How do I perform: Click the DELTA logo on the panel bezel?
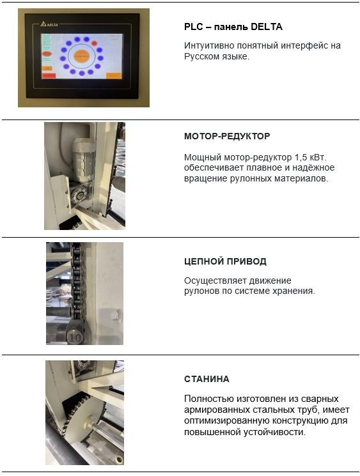pos(49,24)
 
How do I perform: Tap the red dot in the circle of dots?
pos(95,43)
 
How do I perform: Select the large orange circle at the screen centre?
pos(81,56)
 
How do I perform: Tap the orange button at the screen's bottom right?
pos(114,75)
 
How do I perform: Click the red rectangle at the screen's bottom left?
pos(49,75)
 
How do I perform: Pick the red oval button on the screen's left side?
pos(47,54)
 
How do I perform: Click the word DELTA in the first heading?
pos(267,27)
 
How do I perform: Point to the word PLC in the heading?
pos(194,27)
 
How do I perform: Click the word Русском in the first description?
pos(201,57)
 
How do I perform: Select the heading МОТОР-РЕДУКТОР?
pos(227,136)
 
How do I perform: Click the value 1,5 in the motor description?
pos(301,158)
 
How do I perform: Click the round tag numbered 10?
pos(75,337)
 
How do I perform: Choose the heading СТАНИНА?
pos(207,379)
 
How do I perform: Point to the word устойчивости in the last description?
pos(274,432)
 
